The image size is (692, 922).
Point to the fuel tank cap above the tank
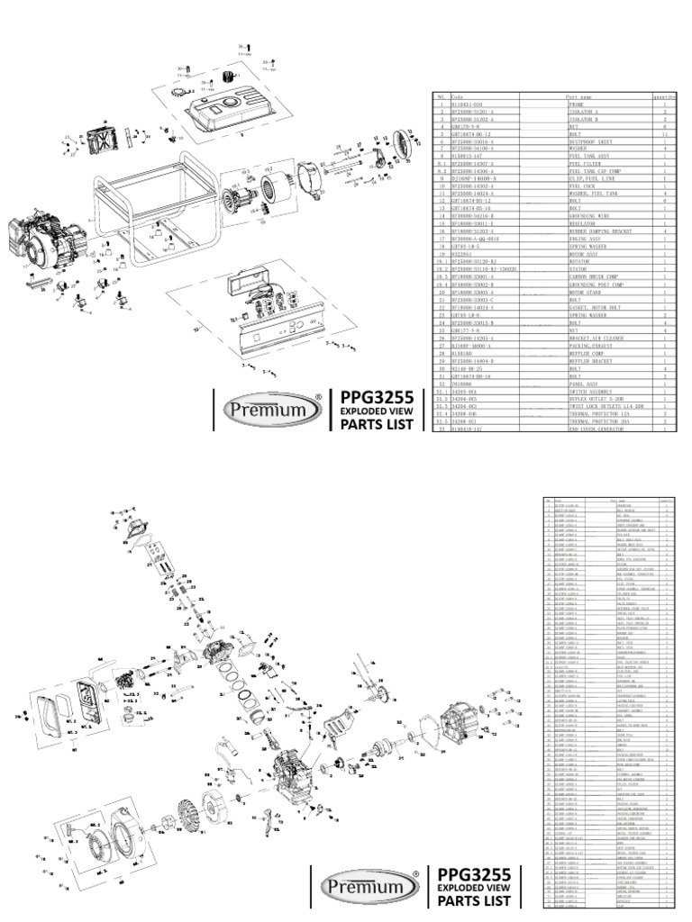click(x=179, y=91)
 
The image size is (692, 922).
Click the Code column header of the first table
click(x=456, y=96)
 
